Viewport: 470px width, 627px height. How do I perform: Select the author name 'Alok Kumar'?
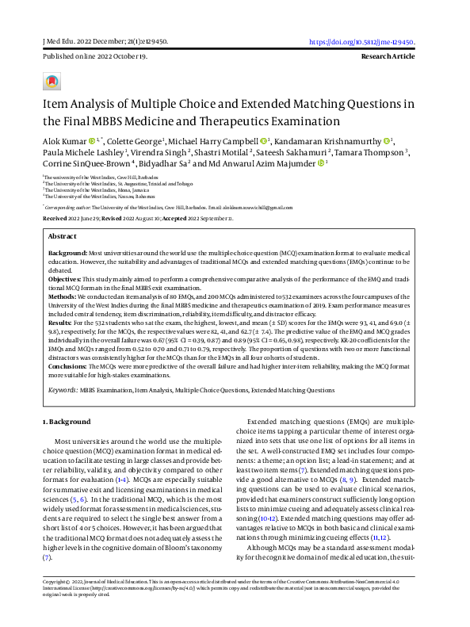point(63,142)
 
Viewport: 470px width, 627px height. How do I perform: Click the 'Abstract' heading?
point(63,235)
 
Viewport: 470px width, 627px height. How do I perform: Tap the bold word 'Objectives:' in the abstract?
point(65,280)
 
